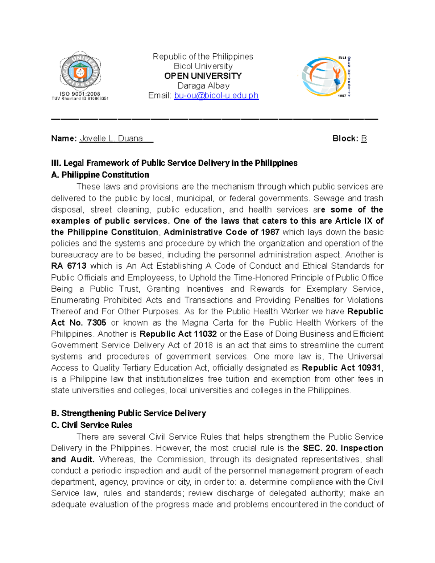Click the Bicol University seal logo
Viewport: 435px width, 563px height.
tap(80, 71)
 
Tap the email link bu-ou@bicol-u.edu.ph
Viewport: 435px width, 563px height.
tap(216, 95)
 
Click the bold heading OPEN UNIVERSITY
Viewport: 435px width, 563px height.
tap(203, 76)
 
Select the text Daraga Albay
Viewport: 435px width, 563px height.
tap(203, 86)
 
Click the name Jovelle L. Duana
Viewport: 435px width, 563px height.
tap(111, 138)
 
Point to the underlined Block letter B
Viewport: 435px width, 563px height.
tap(364, 138)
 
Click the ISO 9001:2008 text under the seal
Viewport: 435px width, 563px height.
tap(80, 94)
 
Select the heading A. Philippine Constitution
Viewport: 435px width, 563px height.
tap(100, 175)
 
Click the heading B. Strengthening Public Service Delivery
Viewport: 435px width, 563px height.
tap(128, 413)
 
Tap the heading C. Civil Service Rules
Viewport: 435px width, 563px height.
tap(91, 425)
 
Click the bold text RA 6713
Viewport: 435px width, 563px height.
tap(69, 266)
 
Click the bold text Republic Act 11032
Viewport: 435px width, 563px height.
tap(178, 334)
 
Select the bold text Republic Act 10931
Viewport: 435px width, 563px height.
tap(341, 368)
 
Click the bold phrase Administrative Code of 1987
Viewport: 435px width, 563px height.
tap(221, 232)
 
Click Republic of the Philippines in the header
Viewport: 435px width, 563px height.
tap(203, 57)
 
